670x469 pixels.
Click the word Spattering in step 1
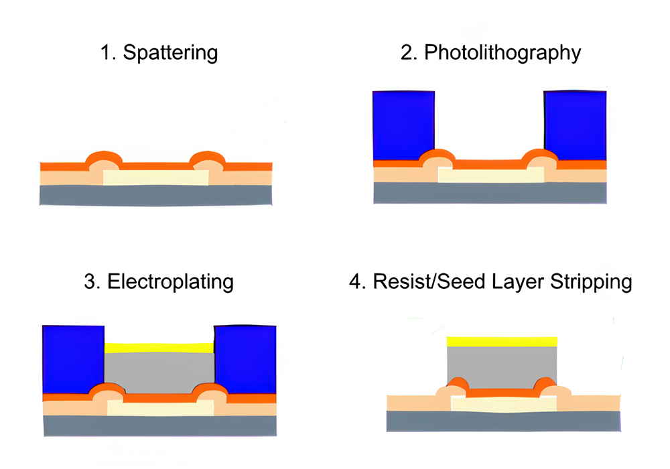click(170, 53)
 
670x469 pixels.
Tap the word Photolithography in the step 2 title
click(503, 53)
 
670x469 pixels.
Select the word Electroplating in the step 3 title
click(170, 281)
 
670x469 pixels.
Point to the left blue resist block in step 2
click(403, 126)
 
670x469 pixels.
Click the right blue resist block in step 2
click(576, 126)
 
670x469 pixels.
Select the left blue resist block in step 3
click(73, 359)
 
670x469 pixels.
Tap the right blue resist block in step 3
click(245, 359)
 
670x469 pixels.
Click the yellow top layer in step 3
click(159, 348)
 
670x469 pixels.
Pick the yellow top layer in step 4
click(502, 341)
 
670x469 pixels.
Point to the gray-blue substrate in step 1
click(155, 195)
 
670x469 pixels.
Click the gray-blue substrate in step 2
click(490, 192)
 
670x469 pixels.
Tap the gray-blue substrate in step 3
click(159, 425)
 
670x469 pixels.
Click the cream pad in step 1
click(155, 178)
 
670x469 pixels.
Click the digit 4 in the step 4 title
click(355, 281)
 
